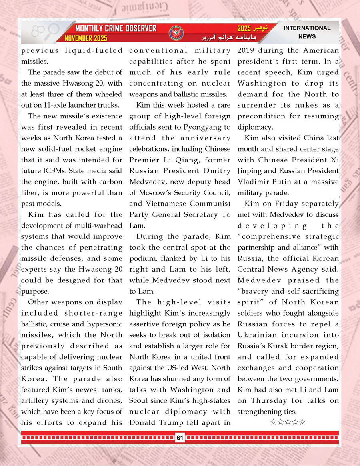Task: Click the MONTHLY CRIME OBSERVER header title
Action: click(116, 29)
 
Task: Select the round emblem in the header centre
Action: click(176, 33)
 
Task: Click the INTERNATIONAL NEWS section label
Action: click(307, 32)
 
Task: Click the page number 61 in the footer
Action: click(180, 438)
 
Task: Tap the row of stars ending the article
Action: click(288, 422)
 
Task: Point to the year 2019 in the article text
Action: click(247, 51)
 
